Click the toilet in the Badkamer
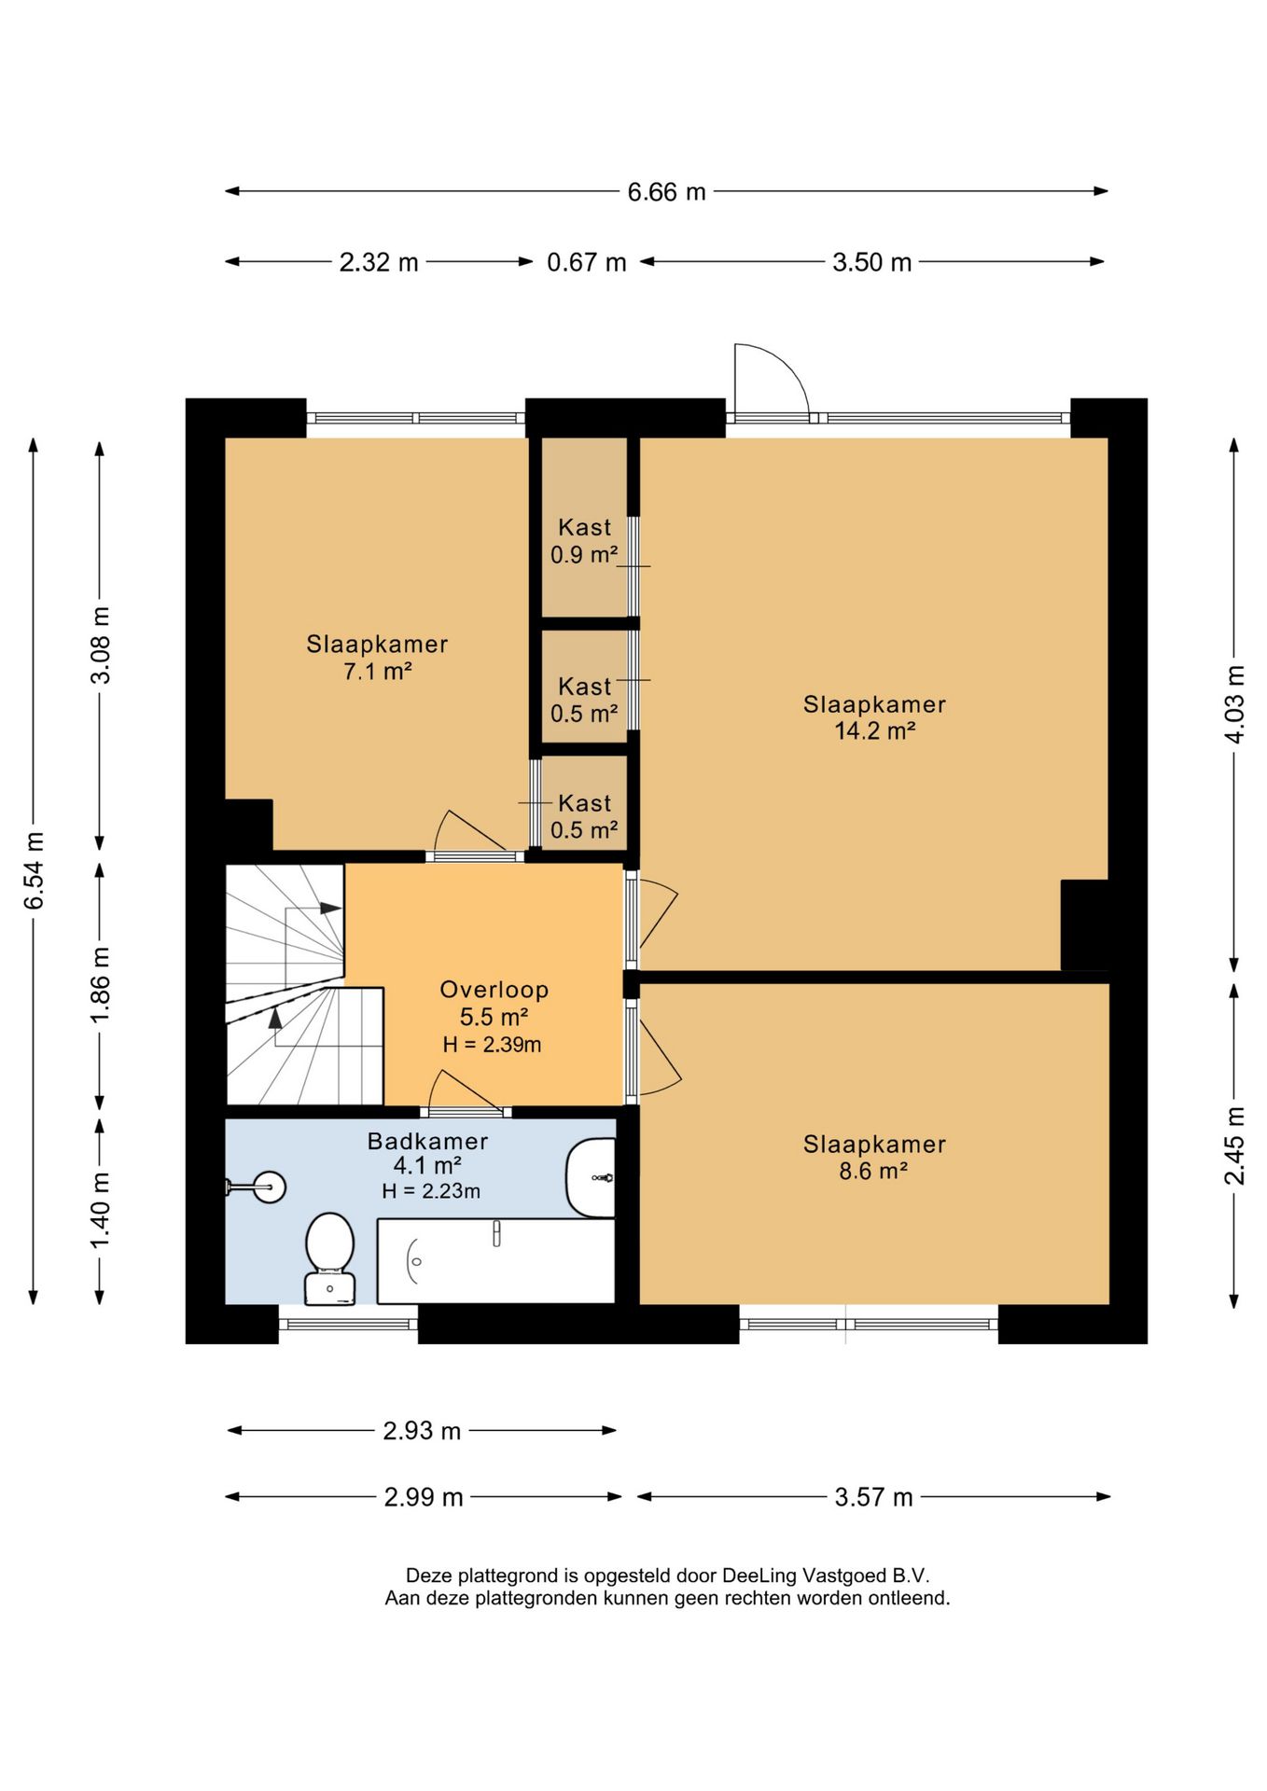[330, 1257]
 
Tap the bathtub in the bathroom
[495, 1260]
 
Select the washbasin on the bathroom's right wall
[592, 1177]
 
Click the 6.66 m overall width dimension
[666, 191]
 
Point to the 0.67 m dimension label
[586, 262]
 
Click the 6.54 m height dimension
[34, 870]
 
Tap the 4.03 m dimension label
[1234, 704]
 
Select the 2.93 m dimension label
[422, 1430]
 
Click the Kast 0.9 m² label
[584, 541]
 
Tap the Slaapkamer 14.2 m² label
[874, 717]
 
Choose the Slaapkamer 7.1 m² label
[377, 657]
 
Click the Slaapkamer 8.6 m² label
[874, 1157]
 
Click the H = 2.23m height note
[431, 1191]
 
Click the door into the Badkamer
[466, 1092]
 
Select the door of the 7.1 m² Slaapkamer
[472, 834]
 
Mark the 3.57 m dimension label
[873, 1497]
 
